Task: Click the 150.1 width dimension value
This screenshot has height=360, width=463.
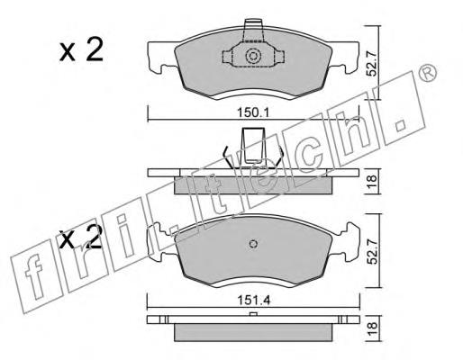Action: [254, 113]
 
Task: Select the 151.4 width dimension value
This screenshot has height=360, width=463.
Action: [254, 300]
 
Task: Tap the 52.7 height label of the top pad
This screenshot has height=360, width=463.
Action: [373, 64]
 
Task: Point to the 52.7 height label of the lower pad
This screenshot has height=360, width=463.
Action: [373, 251]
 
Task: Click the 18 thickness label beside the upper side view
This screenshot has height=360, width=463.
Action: [372, 181]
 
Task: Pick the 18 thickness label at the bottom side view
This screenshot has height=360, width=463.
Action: [372, 329]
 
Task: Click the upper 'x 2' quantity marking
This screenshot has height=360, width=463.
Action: [81, 49]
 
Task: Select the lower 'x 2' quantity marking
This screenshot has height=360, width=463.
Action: [80, 237]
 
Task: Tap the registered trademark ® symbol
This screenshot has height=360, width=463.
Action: [427, 73]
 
